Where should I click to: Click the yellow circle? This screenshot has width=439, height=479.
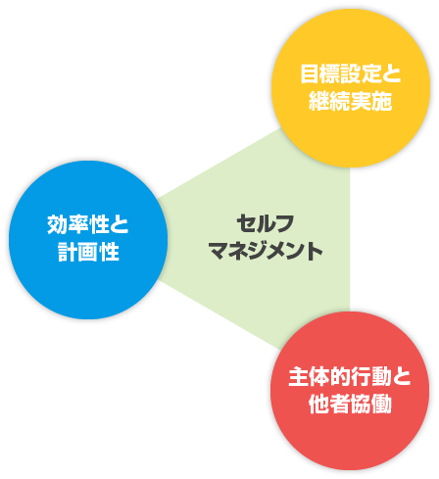click(351, 88)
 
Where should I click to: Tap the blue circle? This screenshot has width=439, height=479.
click(88, 240)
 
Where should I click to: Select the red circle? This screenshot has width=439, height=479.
click(350, 391)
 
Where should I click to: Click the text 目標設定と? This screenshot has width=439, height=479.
click(351, 73)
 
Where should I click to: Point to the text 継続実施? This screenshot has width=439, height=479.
click(351, 101)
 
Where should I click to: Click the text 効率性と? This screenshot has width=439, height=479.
click(88, 224)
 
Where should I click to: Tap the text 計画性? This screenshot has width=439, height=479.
click(88, 252)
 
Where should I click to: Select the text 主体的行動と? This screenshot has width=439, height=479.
click(350, 376)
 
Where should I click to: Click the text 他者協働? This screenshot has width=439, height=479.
click(350, 404)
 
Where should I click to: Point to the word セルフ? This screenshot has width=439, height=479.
click(266, 224)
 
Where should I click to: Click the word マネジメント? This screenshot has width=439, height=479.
click(266, 251)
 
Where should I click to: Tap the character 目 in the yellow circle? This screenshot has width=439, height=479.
click(310, 73)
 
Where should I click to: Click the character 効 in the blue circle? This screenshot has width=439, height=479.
click(58, 224)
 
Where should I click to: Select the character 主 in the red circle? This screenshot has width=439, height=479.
click(299, 376)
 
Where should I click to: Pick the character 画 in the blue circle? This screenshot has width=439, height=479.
click(88, 252)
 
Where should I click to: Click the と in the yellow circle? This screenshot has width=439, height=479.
click(392, 73)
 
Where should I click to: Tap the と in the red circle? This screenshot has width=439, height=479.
click(402, 376)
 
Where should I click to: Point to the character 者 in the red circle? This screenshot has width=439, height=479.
click(340, 404)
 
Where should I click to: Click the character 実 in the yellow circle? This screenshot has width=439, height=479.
click(361, 101)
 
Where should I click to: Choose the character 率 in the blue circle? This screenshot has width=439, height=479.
click(78, 224)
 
